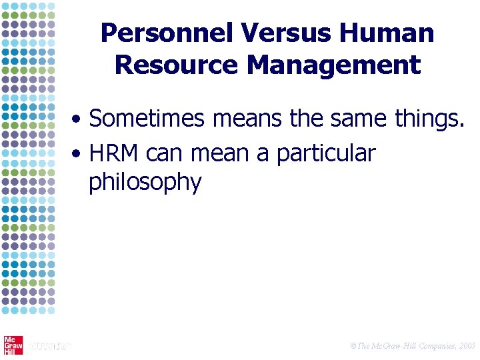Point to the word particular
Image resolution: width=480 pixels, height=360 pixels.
[x=326, y=155]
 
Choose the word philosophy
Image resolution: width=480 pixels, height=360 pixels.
[x=145, y=183]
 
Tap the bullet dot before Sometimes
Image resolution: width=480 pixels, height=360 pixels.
[x=78, y=121]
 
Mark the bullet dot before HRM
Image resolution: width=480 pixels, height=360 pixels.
[x=78, y=155]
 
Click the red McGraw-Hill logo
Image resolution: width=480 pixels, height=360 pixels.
[x=13, y=345]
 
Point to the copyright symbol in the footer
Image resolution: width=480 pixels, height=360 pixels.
[x=353, y=346]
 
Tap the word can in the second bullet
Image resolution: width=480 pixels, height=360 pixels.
[x=165, y=155]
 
